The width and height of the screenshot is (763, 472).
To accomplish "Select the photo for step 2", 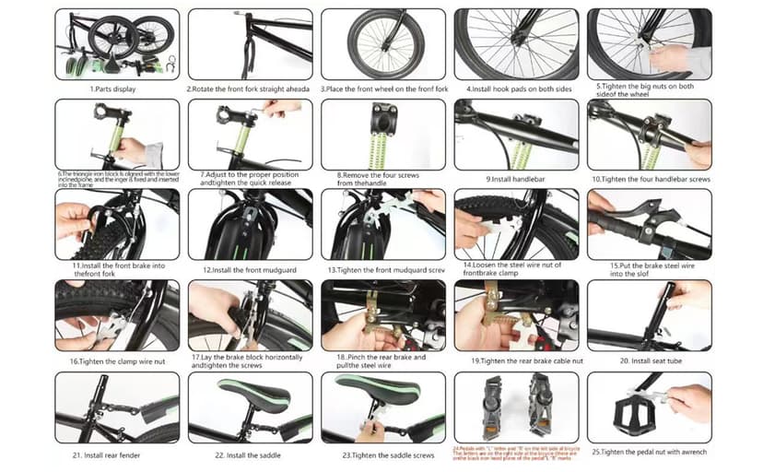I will [248, 43].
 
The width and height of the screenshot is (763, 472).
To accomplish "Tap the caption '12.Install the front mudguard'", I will [248, 269].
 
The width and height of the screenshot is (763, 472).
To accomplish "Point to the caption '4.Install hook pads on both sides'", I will [516, 88].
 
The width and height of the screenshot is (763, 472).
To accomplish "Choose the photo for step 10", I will [649, 134].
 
